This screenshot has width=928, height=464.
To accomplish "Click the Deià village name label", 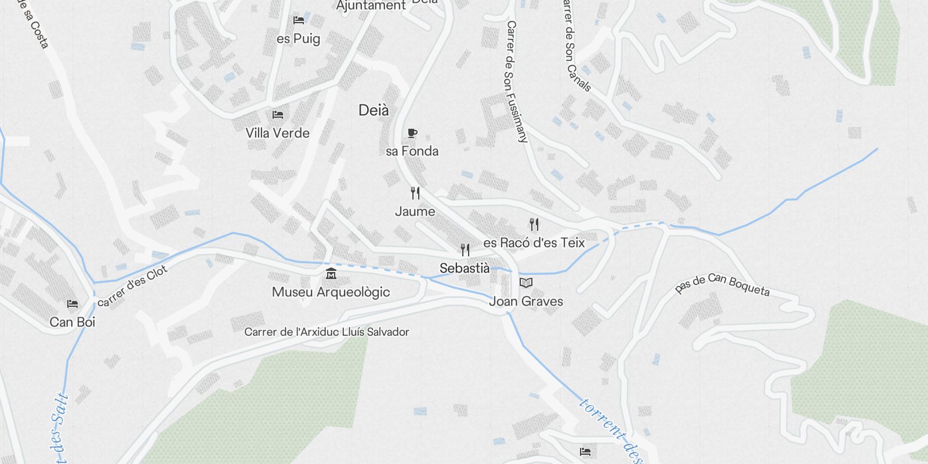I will (x=374, y=110).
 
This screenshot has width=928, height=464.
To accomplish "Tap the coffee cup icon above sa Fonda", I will (x=412, y=133).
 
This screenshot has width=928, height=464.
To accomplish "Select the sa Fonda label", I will (x=412, y=151).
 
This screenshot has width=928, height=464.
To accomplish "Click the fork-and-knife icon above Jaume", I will (x=415, y=193).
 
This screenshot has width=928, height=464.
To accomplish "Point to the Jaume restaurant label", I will (x=415, y=212).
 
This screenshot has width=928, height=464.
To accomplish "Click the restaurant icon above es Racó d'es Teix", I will (x=534, y=224).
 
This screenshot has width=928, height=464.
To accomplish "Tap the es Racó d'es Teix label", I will (x=534, y=243).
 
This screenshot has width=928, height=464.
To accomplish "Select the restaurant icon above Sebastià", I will (x=465, y=250).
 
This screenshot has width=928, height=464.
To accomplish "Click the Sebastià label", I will (x=465, y=269).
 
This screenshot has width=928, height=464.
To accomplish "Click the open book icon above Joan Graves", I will (x=526, y=283).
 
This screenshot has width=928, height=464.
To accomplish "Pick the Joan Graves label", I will (x=526, y=302).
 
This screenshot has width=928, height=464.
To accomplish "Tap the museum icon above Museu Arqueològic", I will (x=331, y=274).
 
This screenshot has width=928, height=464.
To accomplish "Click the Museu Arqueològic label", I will (x=331, y=292).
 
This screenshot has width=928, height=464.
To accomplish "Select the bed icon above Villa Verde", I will (x=278, y=115).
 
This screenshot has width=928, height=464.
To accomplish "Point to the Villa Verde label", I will (x=278, y=133).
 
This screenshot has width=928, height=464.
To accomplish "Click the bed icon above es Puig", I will (x=299, y=20).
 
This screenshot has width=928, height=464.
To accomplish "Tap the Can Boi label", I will (x=72, y=322).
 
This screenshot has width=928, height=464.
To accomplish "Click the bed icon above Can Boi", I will (x=72, y=304).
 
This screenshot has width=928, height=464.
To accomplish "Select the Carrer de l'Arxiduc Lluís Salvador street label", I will (x=327, y=332).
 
